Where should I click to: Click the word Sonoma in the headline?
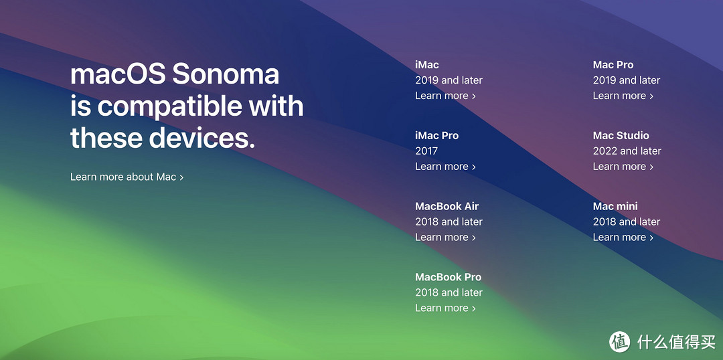226,74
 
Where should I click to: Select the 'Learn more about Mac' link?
127,177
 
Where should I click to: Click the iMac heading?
427,65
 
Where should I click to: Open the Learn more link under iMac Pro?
445,167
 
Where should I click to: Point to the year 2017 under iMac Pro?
426,151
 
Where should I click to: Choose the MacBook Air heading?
447,206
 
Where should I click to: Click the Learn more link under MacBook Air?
445,237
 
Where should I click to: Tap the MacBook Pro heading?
448,277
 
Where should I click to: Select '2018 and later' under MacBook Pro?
449,292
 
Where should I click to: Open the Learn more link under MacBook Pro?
445,308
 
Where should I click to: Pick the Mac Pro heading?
613,65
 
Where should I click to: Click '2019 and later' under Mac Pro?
627,80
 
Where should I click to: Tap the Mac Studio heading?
621,136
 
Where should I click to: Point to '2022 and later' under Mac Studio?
627,151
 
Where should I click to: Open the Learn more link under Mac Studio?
623,167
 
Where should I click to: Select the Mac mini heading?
616,206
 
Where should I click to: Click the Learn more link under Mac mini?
623,237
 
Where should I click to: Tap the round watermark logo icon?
620,341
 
